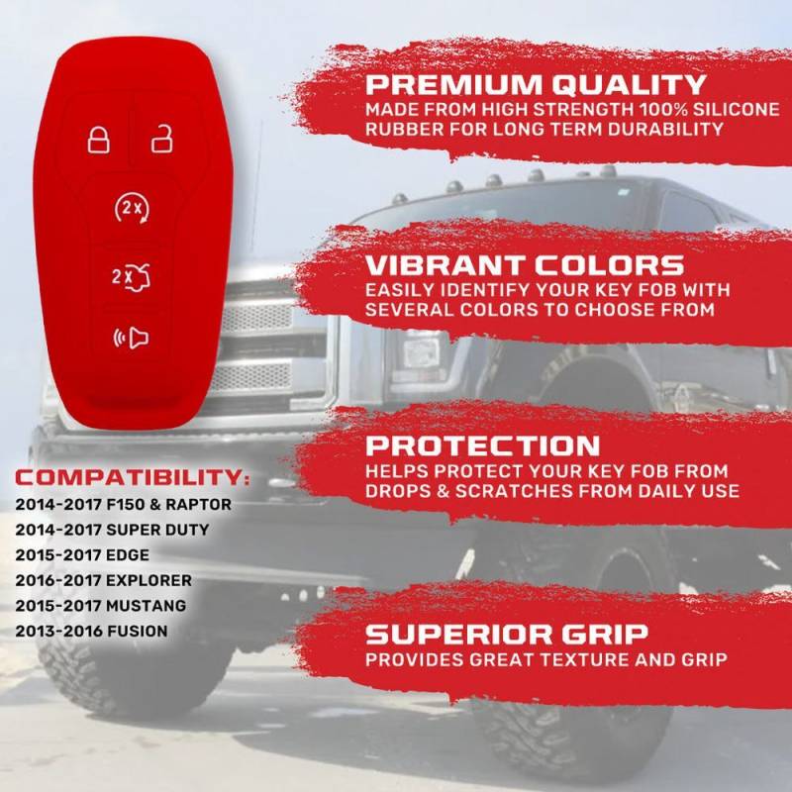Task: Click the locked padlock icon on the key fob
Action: [98, 140]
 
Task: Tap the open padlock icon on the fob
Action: [162, 139]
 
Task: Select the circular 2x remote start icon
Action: [132, 208]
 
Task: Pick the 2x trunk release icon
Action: [131, 277]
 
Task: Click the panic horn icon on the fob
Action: [131, 338]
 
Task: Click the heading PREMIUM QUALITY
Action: [536, 84]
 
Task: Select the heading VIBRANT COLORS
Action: [525, 265]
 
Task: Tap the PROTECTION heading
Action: [482, 445]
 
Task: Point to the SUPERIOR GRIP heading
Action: [507, 634]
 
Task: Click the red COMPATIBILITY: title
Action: [133, 477]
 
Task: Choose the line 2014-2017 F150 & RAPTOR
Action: [123, 504]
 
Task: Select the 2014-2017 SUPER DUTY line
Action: [112, 530]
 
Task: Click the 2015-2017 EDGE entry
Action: [82, 554]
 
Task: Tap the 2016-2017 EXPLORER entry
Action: [104, 580]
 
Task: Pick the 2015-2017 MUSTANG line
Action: [101, 605]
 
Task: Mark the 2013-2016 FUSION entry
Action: [91, 631]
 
